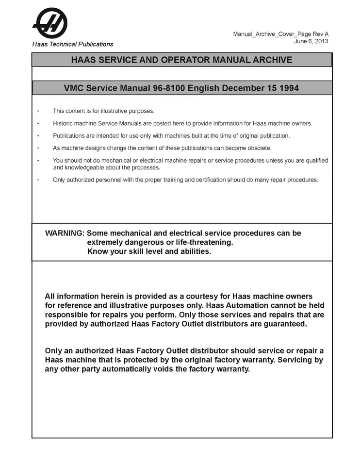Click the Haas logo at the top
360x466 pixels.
[x=49, y=22]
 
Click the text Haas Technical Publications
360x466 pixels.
[x=73, y=44]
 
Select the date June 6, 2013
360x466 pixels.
[x=311, y=41]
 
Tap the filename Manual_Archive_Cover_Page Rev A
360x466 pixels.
[x=280, y=34]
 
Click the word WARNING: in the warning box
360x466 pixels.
[x=65, y=233]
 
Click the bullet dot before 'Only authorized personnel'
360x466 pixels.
[x=38, y=180]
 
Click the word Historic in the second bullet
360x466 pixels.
[x=63, y=123]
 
